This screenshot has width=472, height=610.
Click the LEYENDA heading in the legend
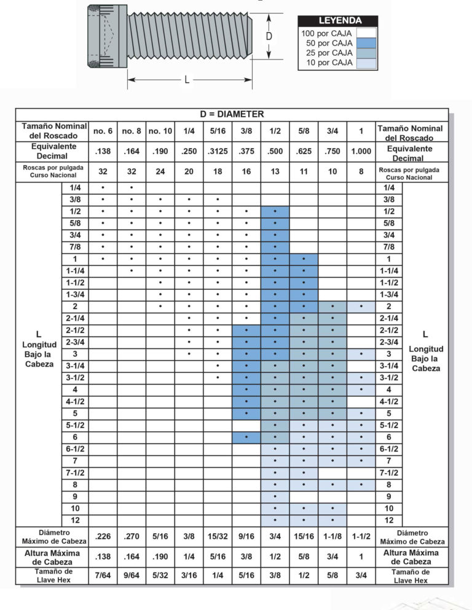click(x=339, y=21)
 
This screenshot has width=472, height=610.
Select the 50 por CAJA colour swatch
click(x=366, y=43)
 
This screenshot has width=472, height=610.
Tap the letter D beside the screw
click(x=269, y=37)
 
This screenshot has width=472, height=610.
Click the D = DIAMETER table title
click(x=232, y=114)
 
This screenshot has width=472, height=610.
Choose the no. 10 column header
click(x=160, y=131)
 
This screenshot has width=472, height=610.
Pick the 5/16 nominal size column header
click(x=218, y=131)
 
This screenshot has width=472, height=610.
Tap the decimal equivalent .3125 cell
click(x=218, y=152)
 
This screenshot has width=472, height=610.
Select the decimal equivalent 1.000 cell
click(x=361, y=152)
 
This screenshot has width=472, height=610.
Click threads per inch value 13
click(x=275, y=172)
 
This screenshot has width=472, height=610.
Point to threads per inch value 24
click(x=160, y=172)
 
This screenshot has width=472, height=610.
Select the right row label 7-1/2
click(x=389, y=472)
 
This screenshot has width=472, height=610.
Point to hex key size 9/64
click(x=131, y=577)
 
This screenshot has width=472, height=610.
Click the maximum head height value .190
click(x=160, y=557)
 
